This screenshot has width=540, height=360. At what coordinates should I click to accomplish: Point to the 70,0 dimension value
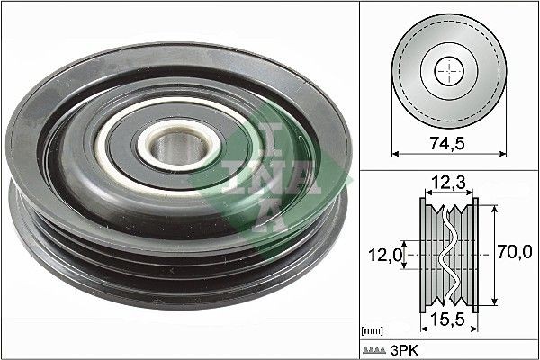[x=514, y=254]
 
